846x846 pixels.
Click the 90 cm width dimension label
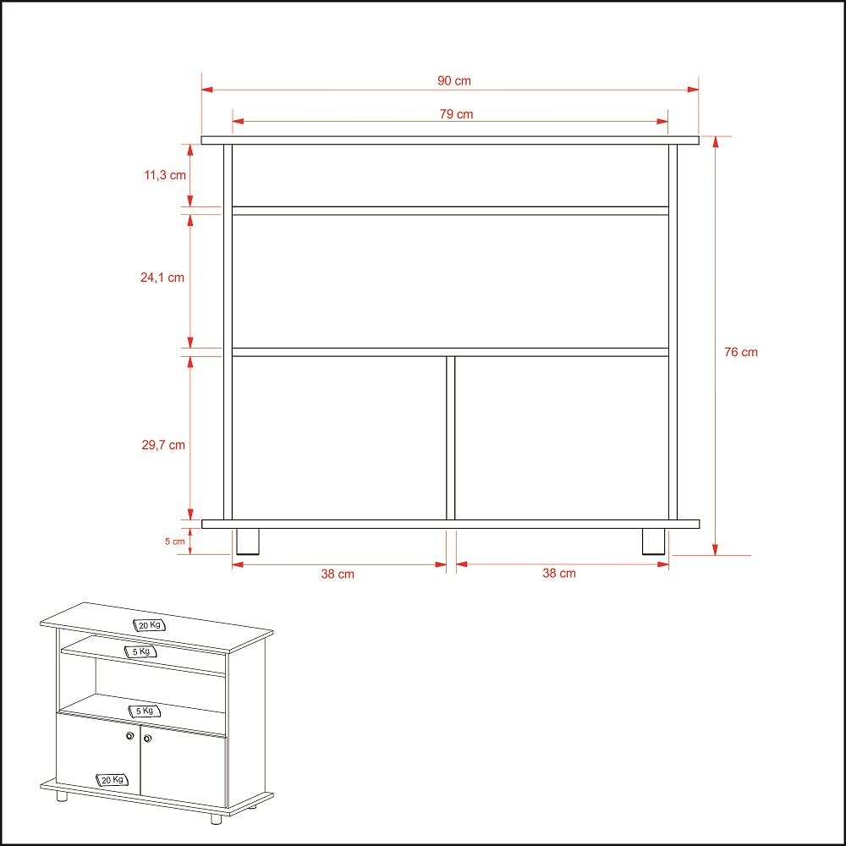pos(453,81)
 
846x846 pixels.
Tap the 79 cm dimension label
pos(456,114)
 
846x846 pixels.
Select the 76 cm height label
pos(741,352)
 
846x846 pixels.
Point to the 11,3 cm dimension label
pos(165,175)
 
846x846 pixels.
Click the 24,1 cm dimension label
pos(162,277)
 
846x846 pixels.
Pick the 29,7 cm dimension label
pos(163,445)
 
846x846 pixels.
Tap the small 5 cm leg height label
pos(175,541)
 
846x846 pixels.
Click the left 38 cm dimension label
pos(338,574)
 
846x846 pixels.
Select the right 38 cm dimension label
pos(559,574)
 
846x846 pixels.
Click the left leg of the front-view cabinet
pos(248,541)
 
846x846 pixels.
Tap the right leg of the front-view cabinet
pos(653,541)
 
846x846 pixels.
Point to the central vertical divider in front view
pos(451,437)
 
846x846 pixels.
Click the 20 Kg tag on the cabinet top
pos(149,625)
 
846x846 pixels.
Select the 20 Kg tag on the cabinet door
pos(113,780)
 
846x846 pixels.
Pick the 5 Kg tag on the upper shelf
pos(140,651)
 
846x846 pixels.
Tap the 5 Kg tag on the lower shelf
pos(144,711)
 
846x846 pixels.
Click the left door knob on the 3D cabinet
pos(129,736)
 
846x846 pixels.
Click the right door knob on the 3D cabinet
pos(148,738)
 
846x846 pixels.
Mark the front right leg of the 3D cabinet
pos(216,818)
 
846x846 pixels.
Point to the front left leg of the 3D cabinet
pos(62,796)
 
